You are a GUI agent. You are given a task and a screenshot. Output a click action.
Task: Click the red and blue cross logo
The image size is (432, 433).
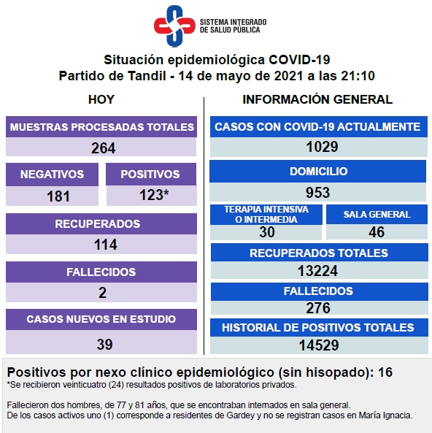point(174,26)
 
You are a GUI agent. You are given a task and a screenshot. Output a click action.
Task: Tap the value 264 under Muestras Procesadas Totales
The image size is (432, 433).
point(103,148)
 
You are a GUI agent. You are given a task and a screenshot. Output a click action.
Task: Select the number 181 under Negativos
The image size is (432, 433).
point(58,196)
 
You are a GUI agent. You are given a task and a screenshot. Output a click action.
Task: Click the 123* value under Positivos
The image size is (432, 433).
point(154,195)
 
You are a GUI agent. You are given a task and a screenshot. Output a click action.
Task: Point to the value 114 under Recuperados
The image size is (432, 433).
point(106,245)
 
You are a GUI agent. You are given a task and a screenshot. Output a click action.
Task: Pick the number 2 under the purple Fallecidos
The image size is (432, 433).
point(102,293)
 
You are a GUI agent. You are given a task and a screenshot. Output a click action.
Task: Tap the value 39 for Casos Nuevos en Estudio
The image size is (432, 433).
point(104,345)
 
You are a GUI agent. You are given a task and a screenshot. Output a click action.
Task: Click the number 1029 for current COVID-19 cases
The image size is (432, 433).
point(322,146)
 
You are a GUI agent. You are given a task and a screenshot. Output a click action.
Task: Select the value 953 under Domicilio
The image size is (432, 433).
point(317,193)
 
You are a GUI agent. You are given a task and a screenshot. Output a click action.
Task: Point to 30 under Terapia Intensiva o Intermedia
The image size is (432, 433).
point(267,232)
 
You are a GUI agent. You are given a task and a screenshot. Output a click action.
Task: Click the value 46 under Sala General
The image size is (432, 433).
point(377,232)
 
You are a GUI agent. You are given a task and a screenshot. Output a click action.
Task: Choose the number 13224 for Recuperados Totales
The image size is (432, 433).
point(317,271)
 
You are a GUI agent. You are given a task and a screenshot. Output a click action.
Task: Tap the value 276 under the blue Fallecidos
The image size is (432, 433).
point(318,308)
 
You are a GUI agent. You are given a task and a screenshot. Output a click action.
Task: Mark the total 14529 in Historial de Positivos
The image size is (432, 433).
point(319,345)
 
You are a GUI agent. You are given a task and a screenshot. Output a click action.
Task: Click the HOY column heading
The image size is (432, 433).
point(101,99)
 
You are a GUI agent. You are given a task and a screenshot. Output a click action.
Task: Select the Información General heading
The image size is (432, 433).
point(317,99)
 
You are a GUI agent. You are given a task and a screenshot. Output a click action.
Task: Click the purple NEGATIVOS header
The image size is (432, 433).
point(52,175)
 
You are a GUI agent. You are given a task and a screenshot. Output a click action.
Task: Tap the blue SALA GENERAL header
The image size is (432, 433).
point(377,214)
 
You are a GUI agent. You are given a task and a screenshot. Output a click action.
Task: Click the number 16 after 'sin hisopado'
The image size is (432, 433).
point(385,372)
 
